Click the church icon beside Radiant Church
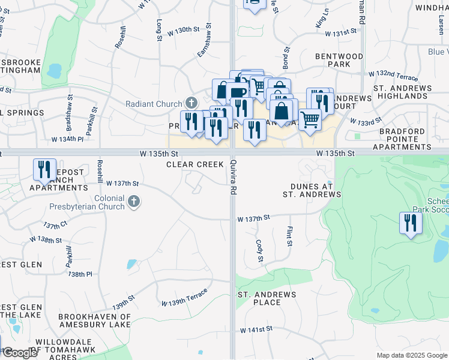coord(191,104)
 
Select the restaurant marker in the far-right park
coord(411,223)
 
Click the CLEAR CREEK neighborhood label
coord(194,164)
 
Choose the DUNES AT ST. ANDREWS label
coord(312,190)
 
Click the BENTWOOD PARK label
coord(340,59)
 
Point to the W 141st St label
coord(256,329)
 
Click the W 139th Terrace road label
coord(184,296)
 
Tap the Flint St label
coord(289,236)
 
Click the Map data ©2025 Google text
coord(411,355)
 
